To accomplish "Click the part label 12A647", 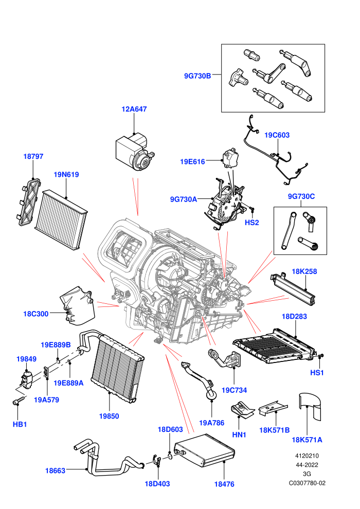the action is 134,109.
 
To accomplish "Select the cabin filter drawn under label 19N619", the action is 61,219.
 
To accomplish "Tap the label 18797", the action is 33,156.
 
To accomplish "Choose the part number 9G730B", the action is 197,76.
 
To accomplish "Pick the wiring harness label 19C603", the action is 277,135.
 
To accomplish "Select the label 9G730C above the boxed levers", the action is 301,196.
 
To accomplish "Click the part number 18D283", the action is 294,316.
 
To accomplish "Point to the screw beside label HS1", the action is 320,356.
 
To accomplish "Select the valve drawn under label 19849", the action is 26,378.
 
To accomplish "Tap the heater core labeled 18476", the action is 205,450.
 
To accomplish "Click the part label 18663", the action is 55,470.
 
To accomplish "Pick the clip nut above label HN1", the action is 242,409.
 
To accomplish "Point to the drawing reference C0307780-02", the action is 307,483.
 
